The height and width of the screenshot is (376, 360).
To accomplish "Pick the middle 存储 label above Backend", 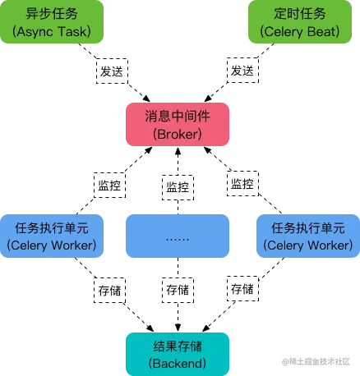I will click(x=178, y=290).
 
